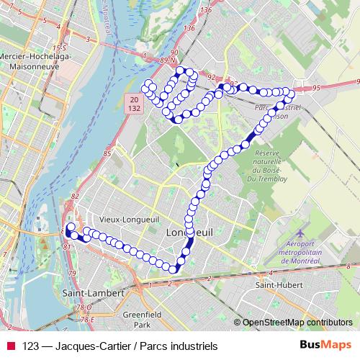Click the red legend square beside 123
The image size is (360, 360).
point(11,346)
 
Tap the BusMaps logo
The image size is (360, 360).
point(326,346)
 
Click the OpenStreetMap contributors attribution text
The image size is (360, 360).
point(297,323)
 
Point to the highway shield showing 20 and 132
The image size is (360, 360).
point(134,102)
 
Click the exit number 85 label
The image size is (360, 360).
point(107,153)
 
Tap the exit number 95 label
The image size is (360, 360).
point(318,87)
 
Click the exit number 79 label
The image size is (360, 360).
point(72,273)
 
